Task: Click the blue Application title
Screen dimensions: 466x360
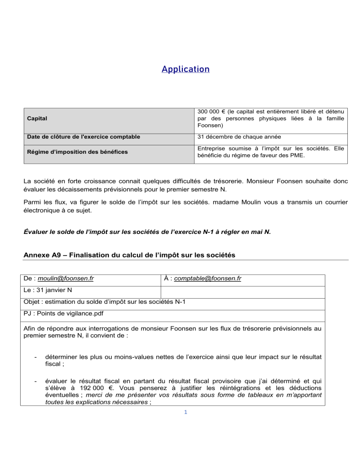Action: pos(185,69)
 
